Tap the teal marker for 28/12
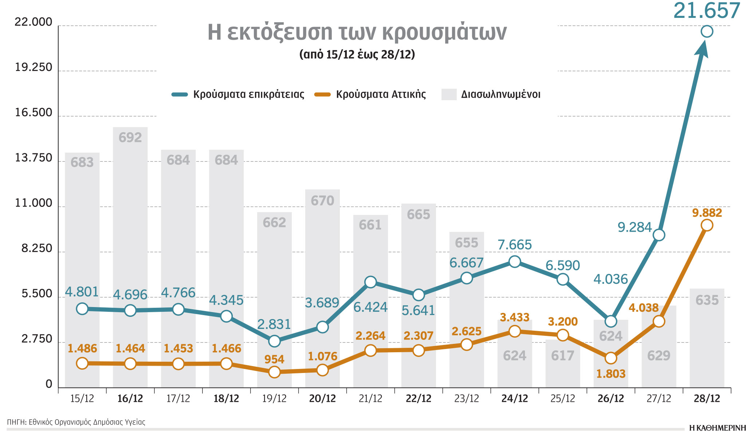707,32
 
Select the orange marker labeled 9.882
707,225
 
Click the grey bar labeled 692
130,255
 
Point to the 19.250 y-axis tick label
34,68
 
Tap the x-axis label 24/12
514,398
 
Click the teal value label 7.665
514,245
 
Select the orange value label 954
274,360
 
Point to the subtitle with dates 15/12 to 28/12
357,55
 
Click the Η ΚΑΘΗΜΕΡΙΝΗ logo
717,428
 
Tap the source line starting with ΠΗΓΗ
76,422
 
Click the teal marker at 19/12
274,341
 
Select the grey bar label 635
707,301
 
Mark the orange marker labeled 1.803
610,358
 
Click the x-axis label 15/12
82,398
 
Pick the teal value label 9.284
634,228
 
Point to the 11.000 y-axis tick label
34,203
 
